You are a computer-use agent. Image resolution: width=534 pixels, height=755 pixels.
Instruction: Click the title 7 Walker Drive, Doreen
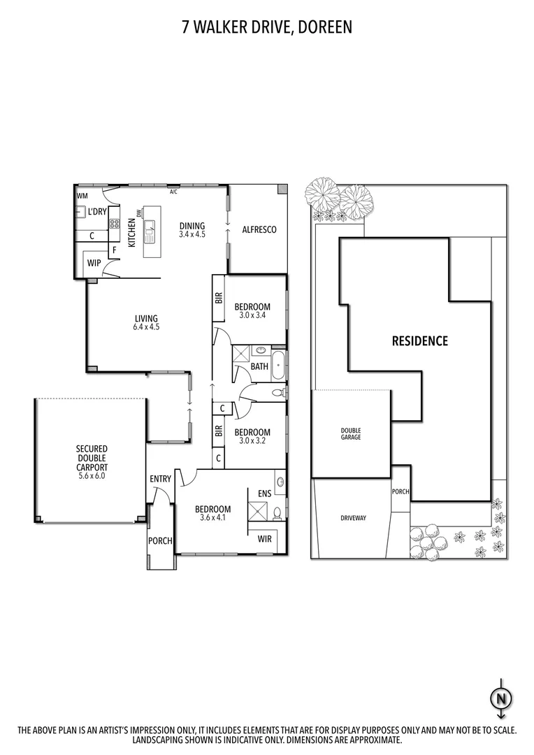pyautogui.click(x=267, y=27)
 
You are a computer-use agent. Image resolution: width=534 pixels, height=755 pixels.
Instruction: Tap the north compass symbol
pyautogui.click(x=500, y=698)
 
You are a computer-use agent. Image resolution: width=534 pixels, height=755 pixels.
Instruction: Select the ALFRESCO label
pyautogui.click(x=259, y=229)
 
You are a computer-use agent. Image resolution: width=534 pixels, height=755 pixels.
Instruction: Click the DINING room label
pyautogui.click(x=192, y=229)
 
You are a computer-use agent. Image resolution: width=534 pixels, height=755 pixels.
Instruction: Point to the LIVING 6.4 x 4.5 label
pyautogui.click(x=147, y=322)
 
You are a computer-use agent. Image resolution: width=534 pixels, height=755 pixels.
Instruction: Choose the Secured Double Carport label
pyautogui.click(x=92, y=462)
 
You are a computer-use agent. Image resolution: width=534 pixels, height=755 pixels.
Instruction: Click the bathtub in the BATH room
pyautogui.click(x=278, y=366)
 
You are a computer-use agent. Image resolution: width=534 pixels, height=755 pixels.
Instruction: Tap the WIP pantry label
pyautogui.click(x=94, y=264)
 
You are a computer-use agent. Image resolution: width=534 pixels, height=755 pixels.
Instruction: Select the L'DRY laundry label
pyautogui.click(x=97, y=211)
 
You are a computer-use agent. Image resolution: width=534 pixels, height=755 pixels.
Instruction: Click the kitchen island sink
pyautogui.click(x=150, y=226)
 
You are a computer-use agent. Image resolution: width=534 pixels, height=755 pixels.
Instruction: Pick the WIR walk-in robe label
pyautogui.click(x=264, y=538)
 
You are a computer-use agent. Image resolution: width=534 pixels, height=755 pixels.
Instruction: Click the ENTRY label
pyautogui.click(x=160, y=479)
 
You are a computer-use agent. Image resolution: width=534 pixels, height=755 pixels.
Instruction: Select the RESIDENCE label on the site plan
pyautogui.click(x=419, y=341)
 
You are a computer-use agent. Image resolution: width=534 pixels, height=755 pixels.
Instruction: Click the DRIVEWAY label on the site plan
pyautogui.click(x=352, y=518)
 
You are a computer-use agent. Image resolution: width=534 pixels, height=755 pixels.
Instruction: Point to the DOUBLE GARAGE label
pyautogui.click(x=351, y=433)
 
